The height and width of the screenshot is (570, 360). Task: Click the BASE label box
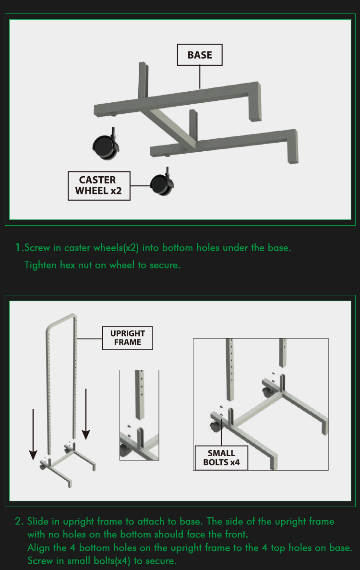200,55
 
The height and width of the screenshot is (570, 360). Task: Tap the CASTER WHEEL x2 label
99,186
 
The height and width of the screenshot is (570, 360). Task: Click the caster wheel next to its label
162,183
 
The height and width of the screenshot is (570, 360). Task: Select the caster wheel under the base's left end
106,145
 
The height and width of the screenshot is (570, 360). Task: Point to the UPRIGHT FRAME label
128,338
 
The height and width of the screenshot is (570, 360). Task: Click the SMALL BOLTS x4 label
221,458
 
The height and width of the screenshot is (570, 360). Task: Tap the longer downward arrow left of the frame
33,435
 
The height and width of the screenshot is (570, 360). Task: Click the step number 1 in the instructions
19,248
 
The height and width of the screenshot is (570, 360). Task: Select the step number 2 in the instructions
19,521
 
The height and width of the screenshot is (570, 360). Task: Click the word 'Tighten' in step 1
40,265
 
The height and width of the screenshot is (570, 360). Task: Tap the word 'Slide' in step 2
38,521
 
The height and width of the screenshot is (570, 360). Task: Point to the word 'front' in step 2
235,534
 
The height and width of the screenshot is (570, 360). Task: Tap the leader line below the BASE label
200,77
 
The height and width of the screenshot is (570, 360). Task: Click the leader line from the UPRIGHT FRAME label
89,339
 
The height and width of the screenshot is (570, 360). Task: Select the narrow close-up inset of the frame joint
139,415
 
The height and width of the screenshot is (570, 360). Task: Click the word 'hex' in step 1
68,265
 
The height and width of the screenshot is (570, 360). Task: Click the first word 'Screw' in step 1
37,248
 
